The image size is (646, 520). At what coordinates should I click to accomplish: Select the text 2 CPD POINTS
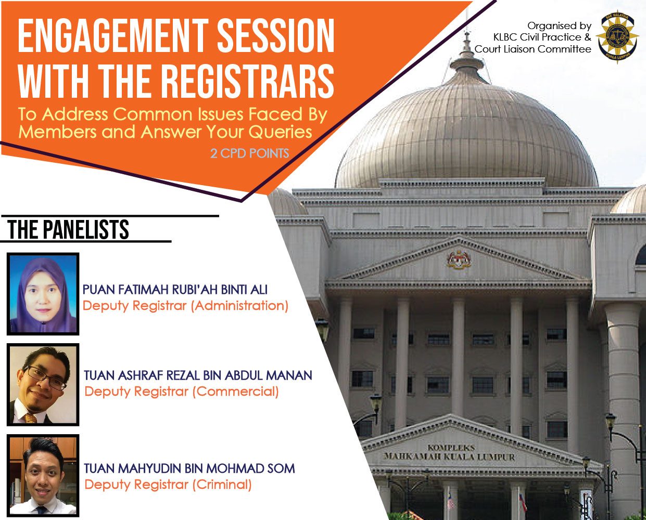click(x=249, y=153)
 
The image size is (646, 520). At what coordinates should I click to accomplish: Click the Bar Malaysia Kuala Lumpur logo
click(x=617, y=36)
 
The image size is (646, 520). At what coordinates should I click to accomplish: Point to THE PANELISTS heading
click(x=68, y=229)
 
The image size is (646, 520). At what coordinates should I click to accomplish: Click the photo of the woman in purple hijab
click(x=43, y=294)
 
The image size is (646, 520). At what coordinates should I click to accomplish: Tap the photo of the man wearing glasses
click(x=43, y=385)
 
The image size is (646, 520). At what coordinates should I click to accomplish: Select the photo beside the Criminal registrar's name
click(x=43, y=476)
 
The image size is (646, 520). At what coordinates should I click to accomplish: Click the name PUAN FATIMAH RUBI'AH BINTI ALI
click(x=175, y=290)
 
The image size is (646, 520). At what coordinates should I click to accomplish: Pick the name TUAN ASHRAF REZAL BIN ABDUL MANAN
click(x=198, y=375)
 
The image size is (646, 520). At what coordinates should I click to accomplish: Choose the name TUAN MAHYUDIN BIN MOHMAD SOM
click(x=189, y=469)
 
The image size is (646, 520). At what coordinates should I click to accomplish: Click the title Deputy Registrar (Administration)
click(x=185, y=306)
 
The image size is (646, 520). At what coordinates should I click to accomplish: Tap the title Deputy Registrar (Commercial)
click(x=182, y=392)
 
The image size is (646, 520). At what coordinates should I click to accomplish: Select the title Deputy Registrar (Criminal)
click(x=168, y=485)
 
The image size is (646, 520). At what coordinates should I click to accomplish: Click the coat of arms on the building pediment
click(x=459, y=259)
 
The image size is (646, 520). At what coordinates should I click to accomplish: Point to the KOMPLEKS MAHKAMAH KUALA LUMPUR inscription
click(x=449, y=452)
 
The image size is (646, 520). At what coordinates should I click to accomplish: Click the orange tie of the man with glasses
click(x=30, y=417)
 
